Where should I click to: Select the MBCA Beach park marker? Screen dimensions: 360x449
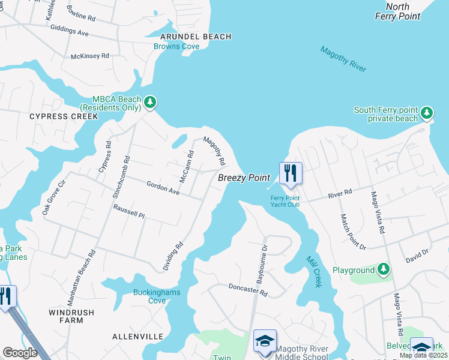[150, 103]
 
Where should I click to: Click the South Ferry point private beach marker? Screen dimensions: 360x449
[427, 113]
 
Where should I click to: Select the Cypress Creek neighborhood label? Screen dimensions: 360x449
[63, 116]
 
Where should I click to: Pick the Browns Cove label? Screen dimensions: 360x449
[176, 46]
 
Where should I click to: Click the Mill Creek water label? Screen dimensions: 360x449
[313, 271]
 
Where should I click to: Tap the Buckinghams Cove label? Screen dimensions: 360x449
[149, 297]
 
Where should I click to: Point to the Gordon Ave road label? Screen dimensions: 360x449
[163, 188]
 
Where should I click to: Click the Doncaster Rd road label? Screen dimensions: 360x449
[247, 290]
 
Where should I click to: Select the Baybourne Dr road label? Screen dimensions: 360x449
[262, 264]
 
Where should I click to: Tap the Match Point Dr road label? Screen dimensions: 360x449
[353, 232]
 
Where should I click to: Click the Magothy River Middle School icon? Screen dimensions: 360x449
[265, 341]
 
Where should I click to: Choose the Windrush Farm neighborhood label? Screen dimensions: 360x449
[66, 316]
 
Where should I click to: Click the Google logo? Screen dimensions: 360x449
[20, 353]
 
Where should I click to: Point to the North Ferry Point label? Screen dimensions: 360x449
[398, 12]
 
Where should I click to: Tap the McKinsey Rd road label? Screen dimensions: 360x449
[90, 56]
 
